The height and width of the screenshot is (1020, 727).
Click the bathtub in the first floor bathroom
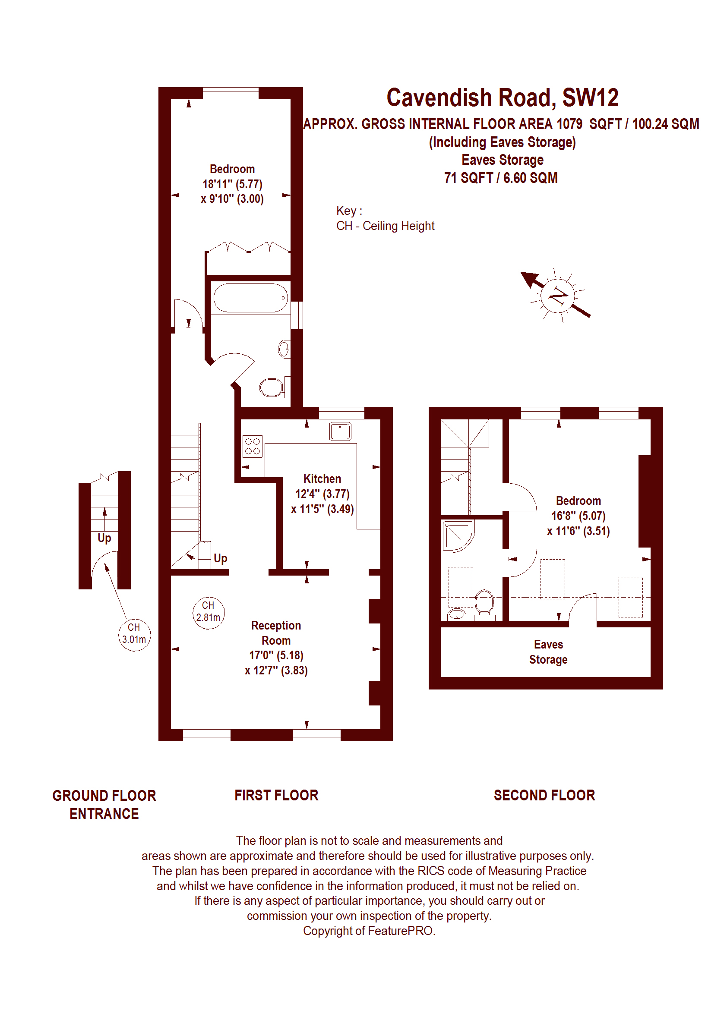pos(251,298)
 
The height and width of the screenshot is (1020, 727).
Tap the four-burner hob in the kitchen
pos(253,446)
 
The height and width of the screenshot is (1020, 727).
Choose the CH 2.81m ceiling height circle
pos(209,612)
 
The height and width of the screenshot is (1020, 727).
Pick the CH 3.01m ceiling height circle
pos(134,634)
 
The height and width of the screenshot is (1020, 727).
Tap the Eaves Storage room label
pos(548,652)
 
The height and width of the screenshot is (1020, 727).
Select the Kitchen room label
pos(322,479)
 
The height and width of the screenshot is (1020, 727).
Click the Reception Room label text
pos(276,633)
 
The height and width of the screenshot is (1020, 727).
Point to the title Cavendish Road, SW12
pos(502,98)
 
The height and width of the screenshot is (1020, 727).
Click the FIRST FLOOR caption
pos(276,795)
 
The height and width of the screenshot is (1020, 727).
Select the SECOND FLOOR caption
pos(544,795)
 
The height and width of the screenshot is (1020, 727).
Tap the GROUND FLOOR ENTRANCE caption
pos(104,804)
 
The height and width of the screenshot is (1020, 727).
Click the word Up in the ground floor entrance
pos(104,538)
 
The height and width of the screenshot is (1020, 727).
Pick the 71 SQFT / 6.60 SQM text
pos(501,178)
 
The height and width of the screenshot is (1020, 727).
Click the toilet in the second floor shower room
pos(484,604)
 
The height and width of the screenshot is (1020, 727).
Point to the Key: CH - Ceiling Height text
pos(386,218)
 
